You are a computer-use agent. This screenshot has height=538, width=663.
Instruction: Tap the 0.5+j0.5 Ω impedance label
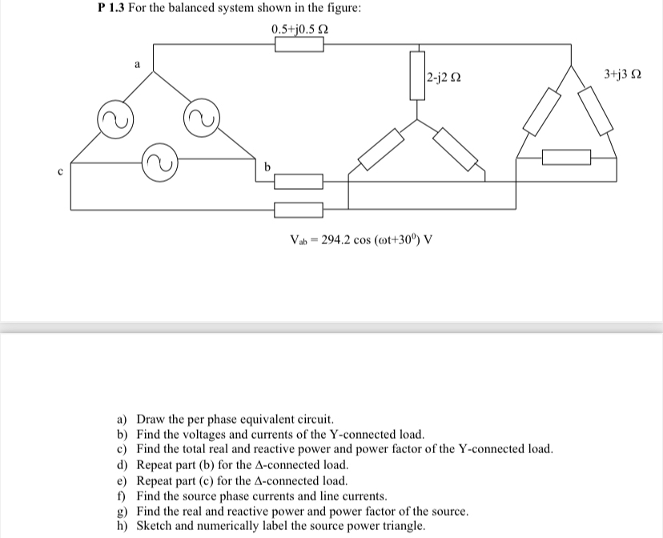[x=299, y=30]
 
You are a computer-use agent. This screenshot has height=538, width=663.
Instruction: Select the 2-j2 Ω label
[x=443, y=78]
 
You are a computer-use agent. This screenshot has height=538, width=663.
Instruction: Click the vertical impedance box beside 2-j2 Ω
[x=417, y=74]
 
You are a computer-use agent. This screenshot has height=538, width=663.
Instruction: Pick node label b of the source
[x=267, y=166]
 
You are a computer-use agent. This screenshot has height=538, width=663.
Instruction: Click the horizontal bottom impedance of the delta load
[x=566, y=158]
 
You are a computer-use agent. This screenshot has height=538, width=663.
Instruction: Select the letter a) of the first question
[x=123, y=419]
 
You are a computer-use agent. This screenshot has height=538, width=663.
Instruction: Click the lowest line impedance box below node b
[x=299, y=210]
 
